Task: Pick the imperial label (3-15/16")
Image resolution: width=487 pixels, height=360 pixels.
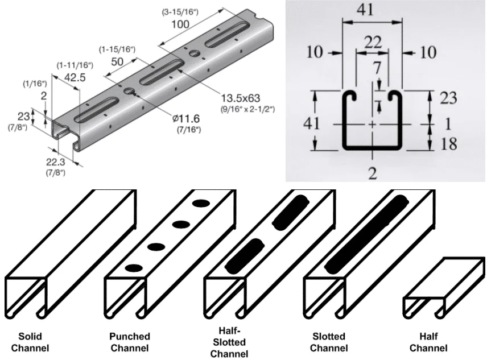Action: pos(179,13)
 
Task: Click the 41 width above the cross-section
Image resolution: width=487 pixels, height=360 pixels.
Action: pos(373,10)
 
